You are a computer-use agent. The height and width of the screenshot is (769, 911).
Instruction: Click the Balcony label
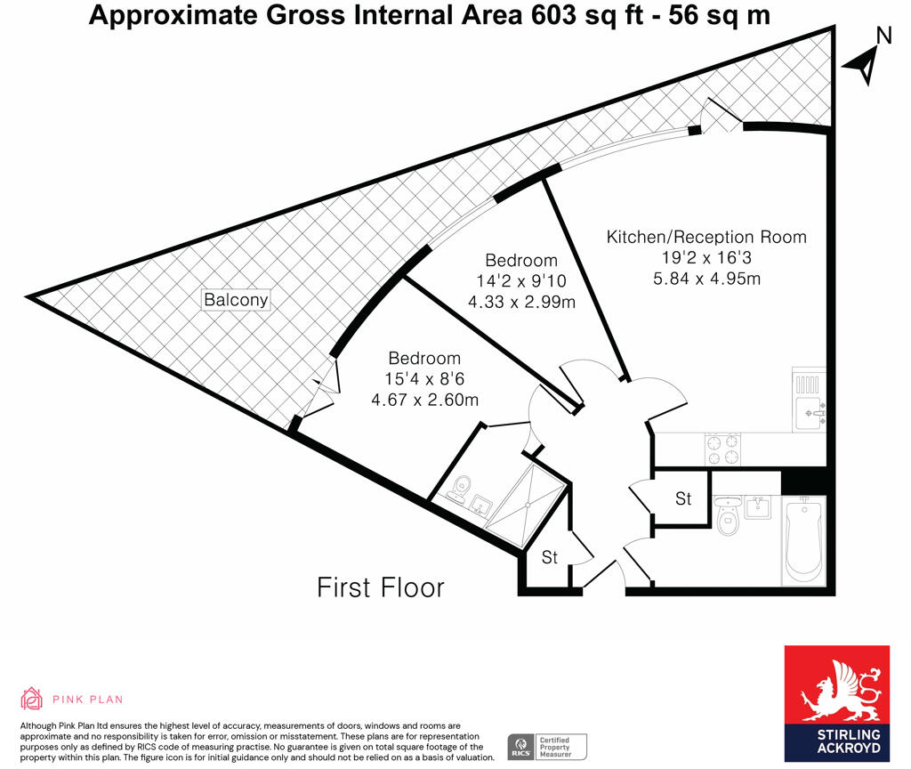pyautogui.click(x=236, y=300)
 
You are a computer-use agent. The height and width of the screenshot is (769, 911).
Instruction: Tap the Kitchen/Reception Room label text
pyautogui.click(x=706, y=237)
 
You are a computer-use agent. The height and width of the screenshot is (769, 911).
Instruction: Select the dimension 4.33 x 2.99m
pyautogui.click(x=521, y=301)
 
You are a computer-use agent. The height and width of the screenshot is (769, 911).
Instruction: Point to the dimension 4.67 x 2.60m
pyautogui.click(x=423, y=399)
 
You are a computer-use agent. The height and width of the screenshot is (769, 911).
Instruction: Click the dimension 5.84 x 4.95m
pyautogui.click(x=706, y=279)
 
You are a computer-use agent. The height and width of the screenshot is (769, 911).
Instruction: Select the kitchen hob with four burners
pyautogui.click(x=722, y=449)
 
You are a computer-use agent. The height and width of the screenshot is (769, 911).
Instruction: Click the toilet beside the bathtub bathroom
pyautogui.click(x=727, y=517)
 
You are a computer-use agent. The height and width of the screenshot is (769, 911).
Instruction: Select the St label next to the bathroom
pyautogui.click(x=683, y=499)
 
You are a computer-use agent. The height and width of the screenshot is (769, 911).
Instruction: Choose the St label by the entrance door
pyautogui.click(x=550, y=557)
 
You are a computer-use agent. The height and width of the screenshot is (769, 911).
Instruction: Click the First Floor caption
pyautogui.click(x=381, y=587)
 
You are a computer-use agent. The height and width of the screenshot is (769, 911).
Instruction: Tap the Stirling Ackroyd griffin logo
pyautogui.click(x=835, y=690)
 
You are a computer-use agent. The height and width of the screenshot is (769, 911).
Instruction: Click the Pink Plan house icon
pyautogui.click(x=31, y=699)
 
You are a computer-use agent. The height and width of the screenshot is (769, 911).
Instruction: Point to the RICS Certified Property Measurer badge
pyautogui.click(x=546, y=746)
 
